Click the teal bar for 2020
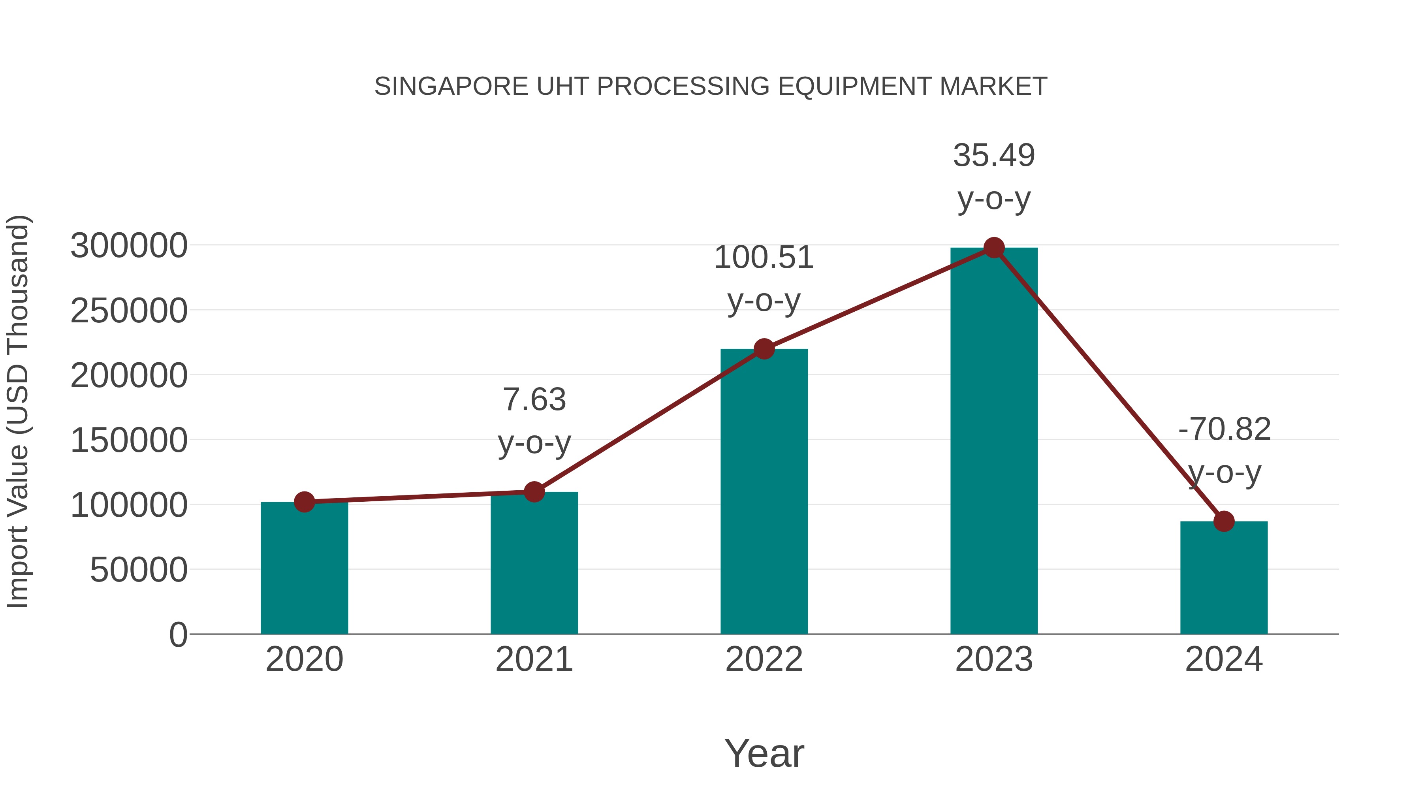coord(304,568)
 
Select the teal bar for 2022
coord(764,491)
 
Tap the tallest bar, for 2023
coord(994,442)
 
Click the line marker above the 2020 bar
coord(304,502)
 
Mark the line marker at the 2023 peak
coord(994,248)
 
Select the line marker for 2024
coord(1224,521)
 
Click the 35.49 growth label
coord(994,156)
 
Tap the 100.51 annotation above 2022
coord(764,258)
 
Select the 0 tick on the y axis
coord(178,635)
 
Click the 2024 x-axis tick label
coord(1224,659)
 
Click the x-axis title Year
coord(764,753)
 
